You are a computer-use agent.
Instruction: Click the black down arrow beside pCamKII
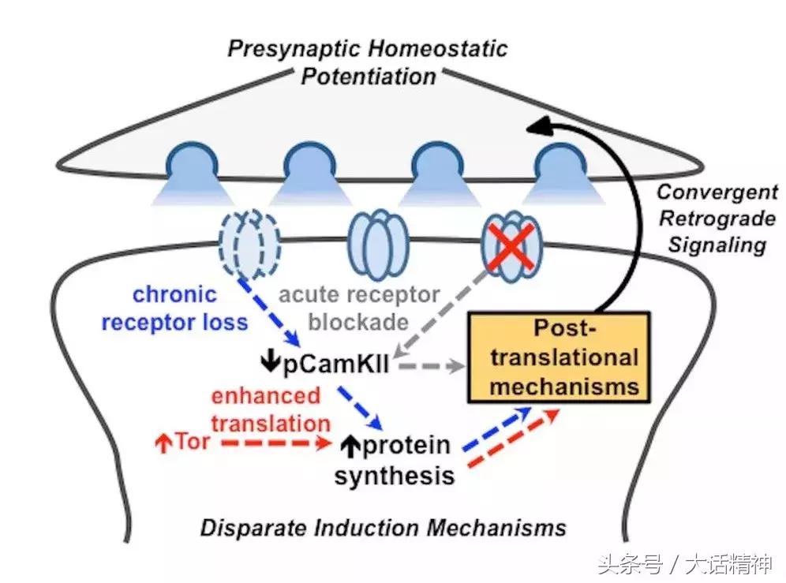(269, 364)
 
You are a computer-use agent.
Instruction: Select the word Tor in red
(193, 441)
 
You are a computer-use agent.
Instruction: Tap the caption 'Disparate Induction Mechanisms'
(383, 526)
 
